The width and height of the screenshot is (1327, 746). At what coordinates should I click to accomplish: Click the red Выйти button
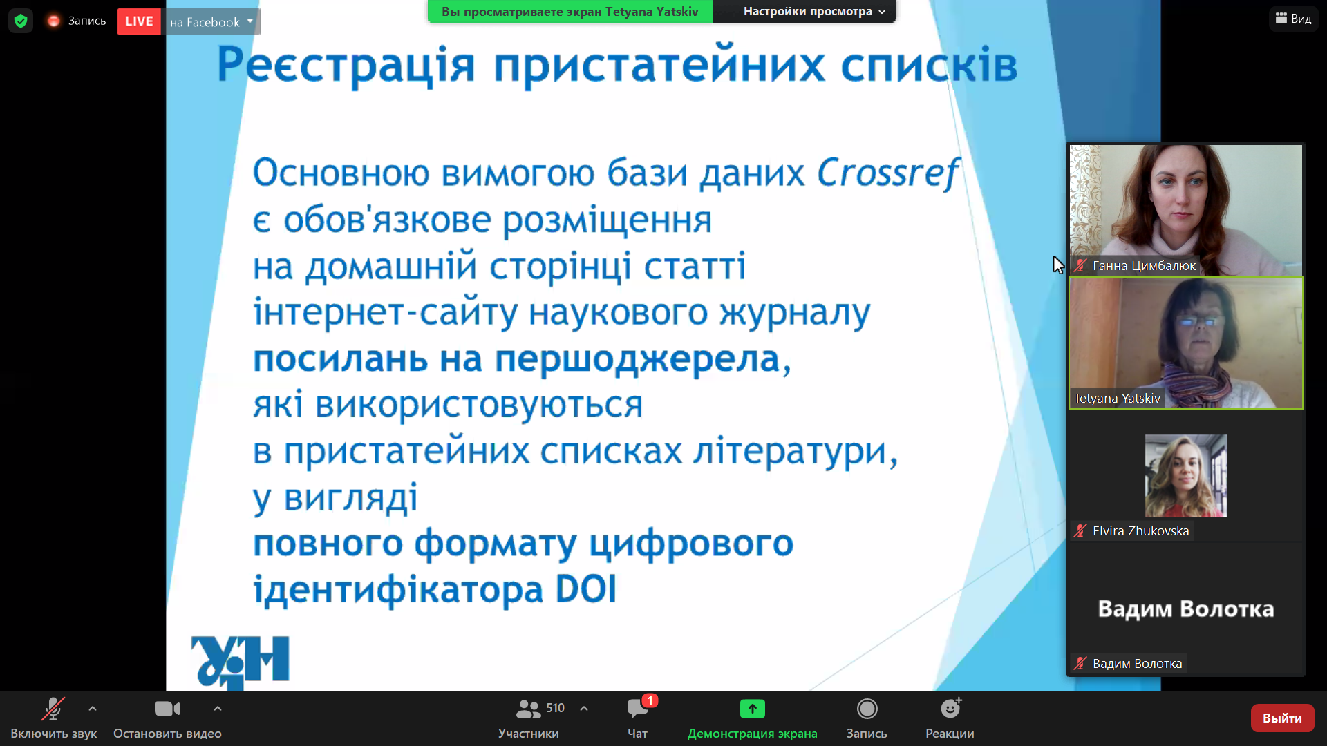(x=1282, y=718)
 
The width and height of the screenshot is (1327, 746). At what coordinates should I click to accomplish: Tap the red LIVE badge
(x=139, y=21)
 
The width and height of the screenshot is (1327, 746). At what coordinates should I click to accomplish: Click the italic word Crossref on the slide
(x=889, y=173)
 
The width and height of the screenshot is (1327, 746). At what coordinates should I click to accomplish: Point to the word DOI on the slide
(x=586, y=589)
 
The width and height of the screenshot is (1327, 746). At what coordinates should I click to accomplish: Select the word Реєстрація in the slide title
(x=346, y=65)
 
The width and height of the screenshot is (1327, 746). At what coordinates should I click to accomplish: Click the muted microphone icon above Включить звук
(x=53, y=709)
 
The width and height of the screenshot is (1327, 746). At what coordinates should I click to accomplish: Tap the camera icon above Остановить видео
(x=167, y=709)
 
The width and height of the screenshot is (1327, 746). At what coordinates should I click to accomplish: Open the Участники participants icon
(x=529, y=709)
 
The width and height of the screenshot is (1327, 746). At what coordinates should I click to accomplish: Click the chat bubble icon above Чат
(x=637, y=709)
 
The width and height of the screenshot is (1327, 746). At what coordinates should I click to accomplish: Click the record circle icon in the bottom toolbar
(x=867, y=709)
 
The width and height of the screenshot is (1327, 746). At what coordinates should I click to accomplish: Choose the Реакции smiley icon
(x=950, y=708)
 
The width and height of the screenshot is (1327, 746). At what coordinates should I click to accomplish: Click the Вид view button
(x=1293, y=19)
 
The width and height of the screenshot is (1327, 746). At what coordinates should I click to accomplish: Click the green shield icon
(x=21, y=21)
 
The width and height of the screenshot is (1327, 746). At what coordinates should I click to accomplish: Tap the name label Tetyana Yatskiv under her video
(x=1117, y=399)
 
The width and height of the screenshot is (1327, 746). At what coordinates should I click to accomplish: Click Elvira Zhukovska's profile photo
(x=1186, y=475)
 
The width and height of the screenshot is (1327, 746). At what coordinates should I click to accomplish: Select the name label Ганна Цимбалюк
(x=1144, y=266)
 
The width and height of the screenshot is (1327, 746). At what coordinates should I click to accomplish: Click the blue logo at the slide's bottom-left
(x=240, y=662)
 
